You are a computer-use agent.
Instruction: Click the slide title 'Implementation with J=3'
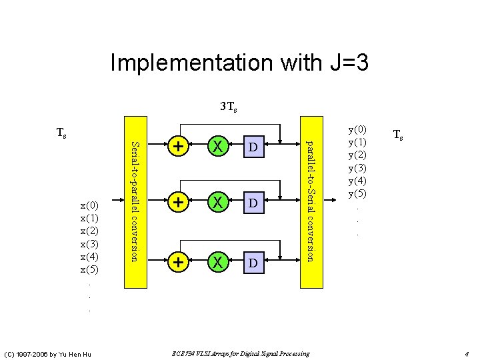click(239, 63)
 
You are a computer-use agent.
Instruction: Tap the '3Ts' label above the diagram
click(229, 107)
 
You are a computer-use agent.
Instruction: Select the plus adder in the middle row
click(177, 200)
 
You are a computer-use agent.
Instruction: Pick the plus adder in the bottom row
click(177, 262)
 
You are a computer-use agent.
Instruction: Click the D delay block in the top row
click(253, 146)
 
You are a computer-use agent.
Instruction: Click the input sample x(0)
click(89, 205)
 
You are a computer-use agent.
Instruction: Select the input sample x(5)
click(89, 270)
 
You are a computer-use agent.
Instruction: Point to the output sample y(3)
click(357, 168)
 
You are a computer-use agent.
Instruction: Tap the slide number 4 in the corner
click(467, 354)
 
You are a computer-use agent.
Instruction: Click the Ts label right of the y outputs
click(398, 135)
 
